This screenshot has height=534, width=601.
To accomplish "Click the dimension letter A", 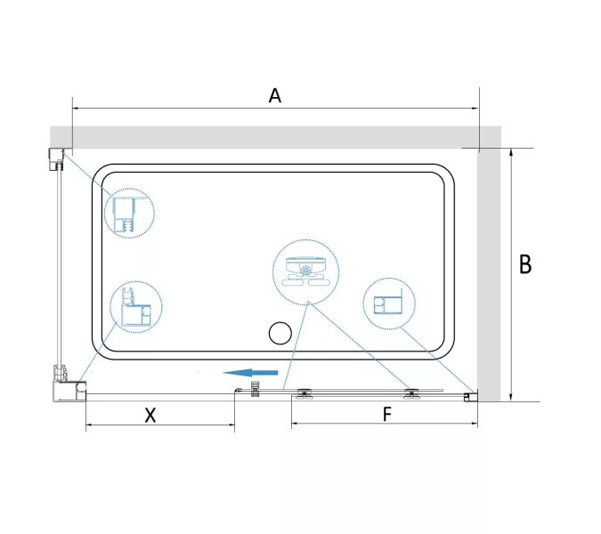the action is (275, 96).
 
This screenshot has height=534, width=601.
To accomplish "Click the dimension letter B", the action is (525, 264).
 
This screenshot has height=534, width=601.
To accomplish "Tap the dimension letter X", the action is (150, 415).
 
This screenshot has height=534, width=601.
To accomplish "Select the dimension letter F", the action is (387, 414).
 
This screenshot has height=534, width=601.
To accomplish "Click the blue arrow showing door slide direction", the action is (250, 372).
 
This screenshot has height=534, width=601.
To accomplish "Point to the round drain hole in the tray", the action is (280, 333).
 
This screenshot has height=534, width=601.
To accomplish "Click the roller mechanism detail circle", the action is (306, 272).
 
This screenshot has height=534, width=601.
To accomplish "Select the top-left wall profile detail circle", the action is (129, 213).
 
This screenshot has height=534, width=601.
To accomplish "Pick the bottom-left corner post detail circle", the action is (136, 307).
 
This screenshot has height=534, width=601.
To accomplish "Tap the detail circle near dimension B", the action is (389, 303).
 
